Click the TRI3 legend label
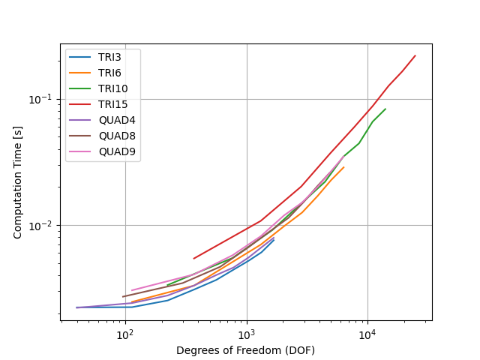pos(109,57)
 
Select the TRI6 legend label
pos(109,73)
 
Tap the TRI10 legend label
pos(113,88)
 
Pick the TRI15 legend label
pos(113,104)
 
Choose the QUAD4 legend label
pos(117,120)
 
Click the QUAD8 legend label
pos(117,136)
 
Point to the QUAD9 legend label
pos(117,151)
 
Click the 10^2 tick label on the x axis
pos(126,335)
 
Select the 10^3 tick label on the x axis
pos(247,335)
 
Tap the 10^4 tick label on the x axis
pos(368,335)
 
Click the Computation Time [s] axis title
pos(17,182)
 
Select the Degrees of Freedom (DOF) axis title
pos(245,350)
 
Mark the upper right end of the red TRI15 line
pos(415,55)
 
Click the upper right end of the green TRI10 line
pos(385,109)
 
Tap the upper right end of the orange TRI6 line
pos(344,167)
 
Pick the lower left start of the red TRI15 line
pos(193,259)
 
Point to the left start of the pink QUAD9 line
pos(132,290)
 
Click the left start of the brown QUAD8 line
pos(122,297)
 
